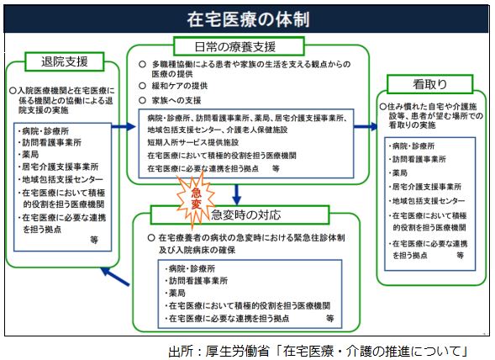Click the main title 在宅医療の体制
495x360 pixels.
coord(248,19)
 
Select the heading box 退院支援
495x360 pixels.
coord(65,61)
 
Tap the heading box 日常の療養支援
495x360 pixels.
coord(239,46)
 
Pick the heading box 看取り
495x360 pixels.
coord(429,84)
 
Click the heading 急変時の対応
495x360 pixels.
coord(246,215)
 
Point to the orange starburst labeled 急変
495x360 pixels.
coord(196,199)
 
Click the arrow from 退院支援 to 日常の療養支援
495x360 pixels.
coord(124,127)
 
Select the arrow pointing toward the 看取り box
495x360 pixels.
coord(366,127)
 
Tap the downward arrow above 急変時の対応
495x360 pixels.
coord(236,194)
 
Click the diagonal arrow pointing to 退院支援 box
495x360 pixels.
coord(115,277)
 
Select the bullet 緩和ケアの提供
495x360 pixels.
coord(180,86)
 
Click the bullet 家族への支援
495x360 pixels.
coord(176,100)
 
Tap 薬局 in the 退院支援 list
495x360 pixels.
coord(30,155)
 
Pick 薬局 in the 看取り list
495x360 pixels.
coord(400,173)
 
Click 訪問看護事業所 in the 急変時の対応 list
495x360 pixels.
coord(198,281)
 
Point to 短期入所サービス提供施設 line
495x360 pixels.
coord(193,142)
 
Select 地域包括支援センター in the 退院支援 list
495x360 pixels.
coord(62,179)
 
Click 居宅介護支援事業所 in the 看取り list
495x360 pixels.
coord(426,187)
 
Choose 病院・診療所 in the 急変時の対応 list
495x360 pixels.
coord(192,268)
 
